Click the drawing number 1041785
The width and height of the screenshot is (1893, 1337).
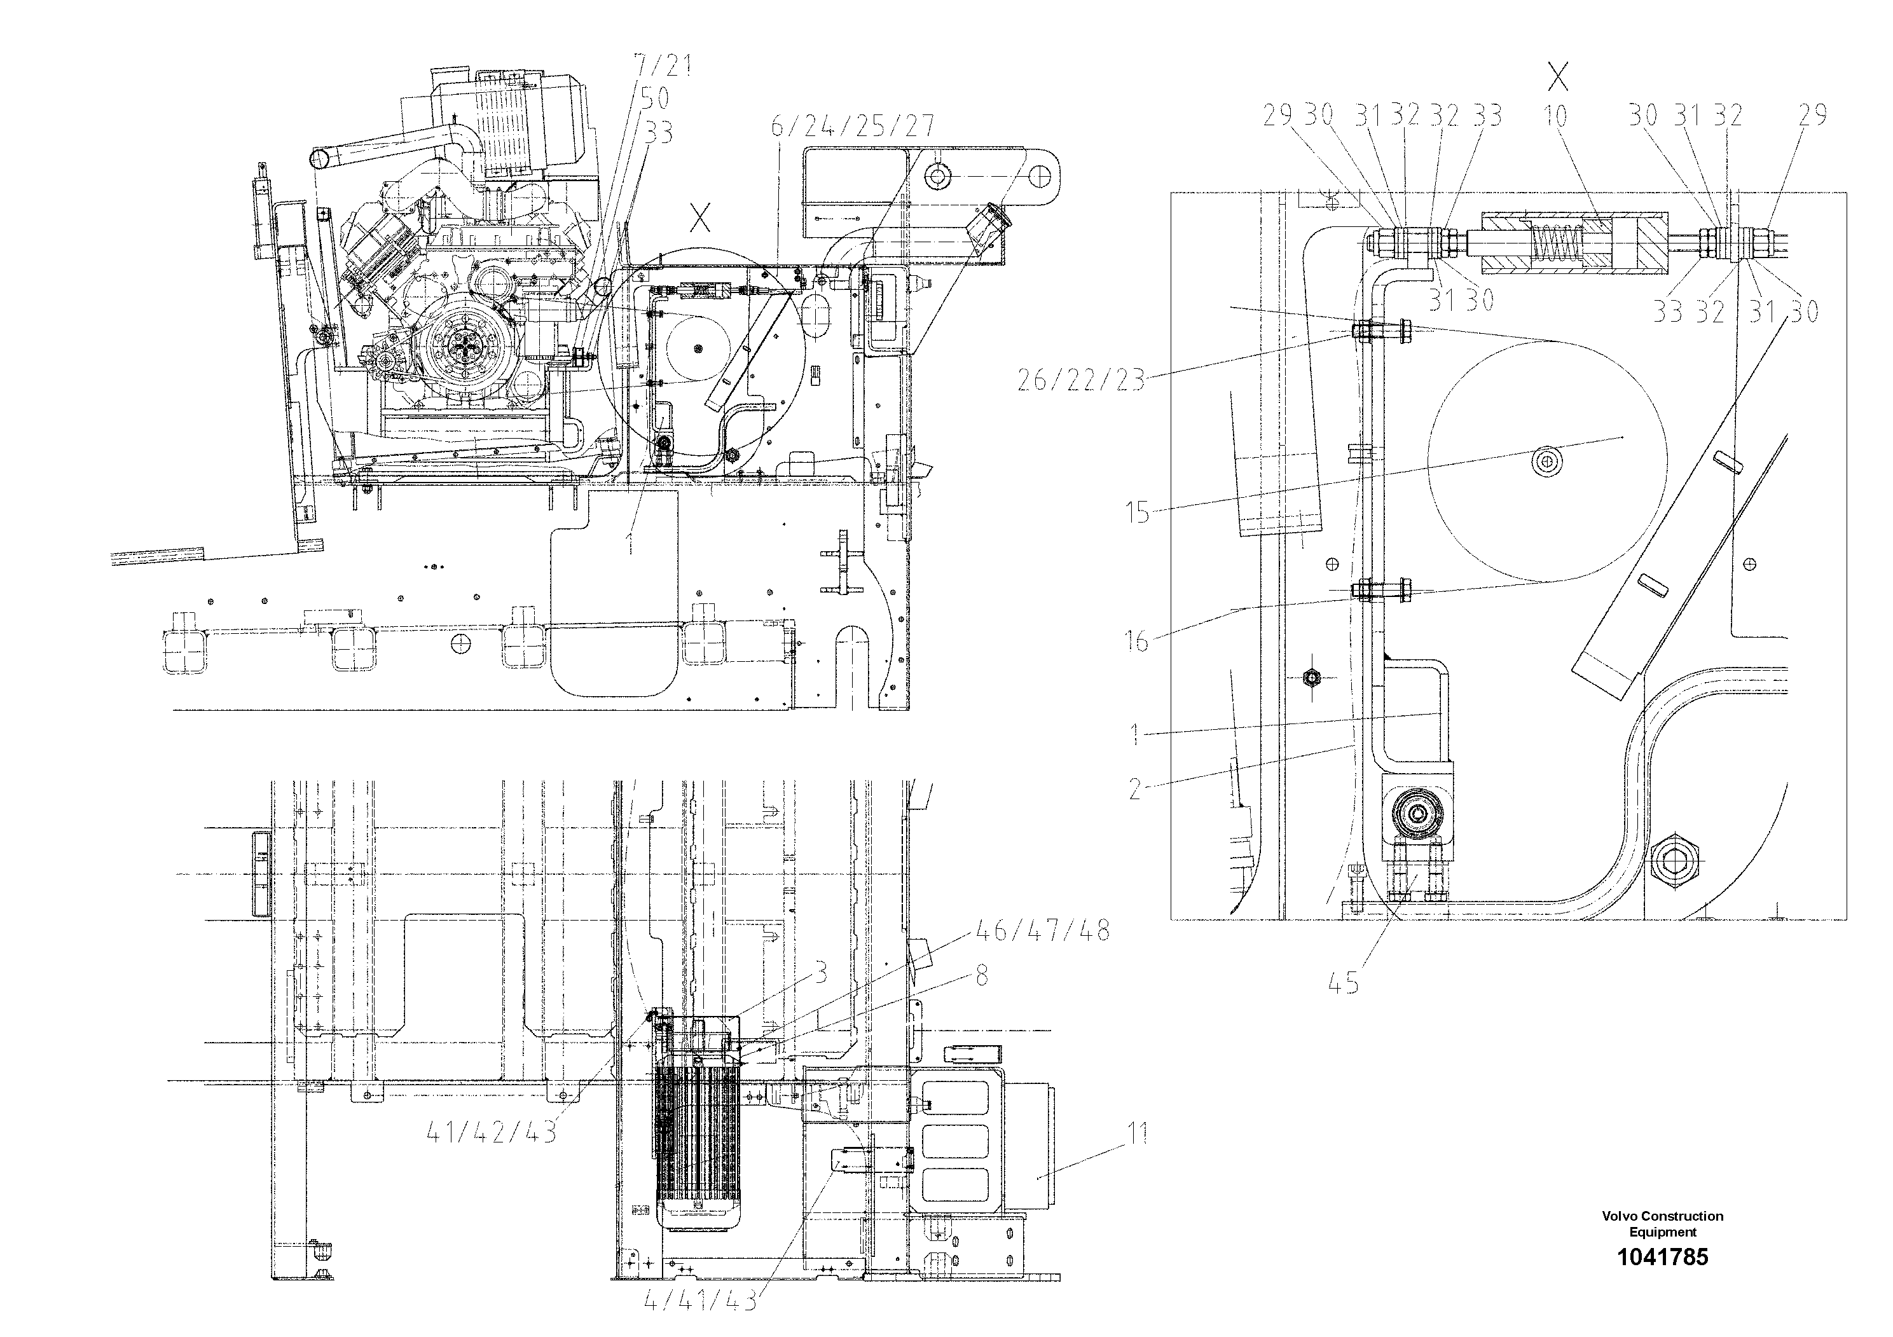click(x=1662, y=1257)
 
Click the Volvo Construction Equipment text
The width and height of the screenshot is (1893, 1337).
click(x=1662, y=1223)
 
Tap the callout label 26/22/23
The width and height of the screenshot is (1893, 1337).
click(x=1081, y=380)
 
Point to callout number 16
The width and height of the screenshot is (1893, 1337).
click(x=1138, y=640)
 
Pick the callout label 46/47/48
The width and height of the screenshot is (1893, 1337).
click(x=1042, y=931)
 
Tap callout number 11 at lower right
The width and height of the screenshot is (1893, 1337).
click(x=1137, y=1134)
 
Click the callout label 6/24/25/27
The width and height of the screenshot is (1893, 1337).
click(x=853, y=125)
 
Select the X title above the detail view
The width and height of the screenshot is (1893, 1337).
click(x=1557, y=78)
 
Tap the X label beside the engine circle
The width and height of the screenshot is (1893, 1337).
click(x=700, y=219)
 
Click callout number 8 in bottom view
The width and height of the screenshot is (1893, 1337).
click(x=981, y=976)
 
